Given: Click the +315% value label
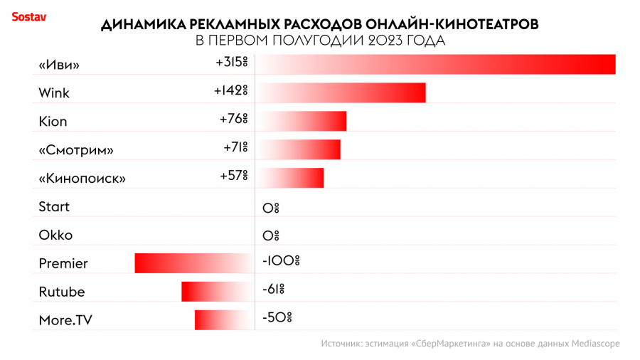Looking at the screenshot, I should click(x=231, y=63).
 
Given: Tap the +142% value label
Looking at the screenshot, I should click(x=230, y=91).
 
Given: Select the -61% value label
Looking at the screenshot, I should click(x=273, y=290).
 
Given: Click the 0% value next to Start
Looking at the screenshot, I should click(x=270, y=208).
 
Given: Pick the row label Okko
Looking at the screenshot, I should click(x=55, y=235).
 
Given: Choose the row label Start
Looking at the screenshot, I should click(x=54, y=207).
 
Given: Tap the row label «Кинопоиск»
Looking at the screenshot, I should click(x=82, y=179).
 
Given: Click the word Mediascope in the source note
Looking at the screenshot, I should click(x=595, y=344).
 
